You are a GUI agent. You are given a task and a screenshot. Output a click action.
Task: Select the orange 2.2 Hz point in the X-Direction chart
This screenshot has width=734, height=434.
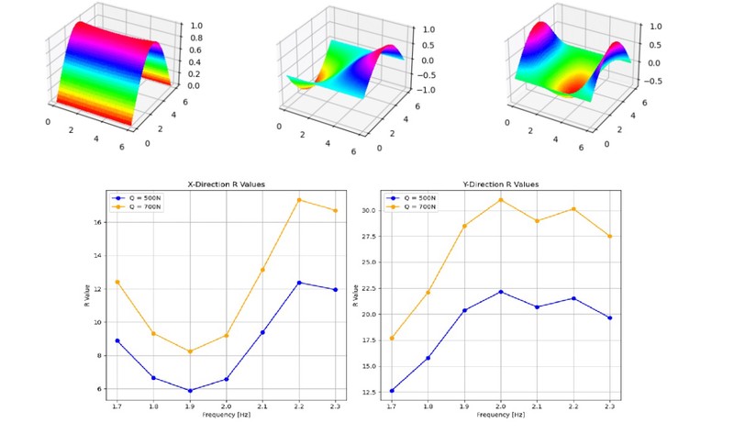click(298, 200)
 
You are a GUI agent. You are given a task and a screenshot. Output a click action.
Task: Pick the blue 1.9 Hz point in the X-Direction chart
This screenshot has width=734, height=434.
click(190, 391)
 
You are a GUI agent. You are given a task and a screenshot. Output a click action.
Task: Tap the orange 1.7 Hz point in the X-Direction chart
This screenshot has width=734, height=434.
click(117, 282)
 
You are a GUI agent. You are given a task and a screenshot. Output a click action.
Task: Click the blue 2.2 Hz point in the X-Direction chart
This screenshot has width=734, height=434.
click(298, 283)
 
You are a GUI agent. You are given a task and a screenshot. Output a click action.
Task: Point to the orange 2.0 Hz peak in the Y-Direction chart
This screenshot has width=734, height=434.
click(501, 200)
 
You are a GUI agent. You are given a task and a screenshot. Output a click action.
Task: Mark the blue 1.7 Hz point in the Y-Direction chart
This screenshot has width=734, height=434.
click(392, 391)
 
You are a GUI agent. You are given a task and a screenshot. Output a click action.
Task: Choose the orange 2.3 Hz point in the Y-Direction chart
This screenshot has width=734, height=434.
click(610, 236)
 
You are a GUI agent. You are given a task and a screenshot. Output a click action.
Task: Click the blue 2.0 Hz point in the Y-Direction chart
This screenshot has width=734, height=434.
click(501, 292)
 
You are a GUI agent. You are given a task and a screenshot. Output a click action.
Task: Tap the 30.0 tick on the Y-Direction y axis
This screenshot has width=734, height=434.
click(368, 210)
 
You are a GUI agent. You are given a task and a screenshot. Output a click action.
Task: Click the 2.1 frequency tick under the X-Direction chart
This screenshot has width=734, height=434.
click(262, 406)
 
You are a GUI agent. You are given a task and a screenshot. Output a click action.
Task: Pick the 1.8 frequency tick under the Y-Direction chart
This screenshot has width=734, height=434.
click(428, 406)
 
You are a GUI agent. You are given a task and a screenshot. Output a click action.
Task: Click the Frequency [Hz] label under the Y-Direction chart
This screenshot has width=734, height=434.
click(501, 415)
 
